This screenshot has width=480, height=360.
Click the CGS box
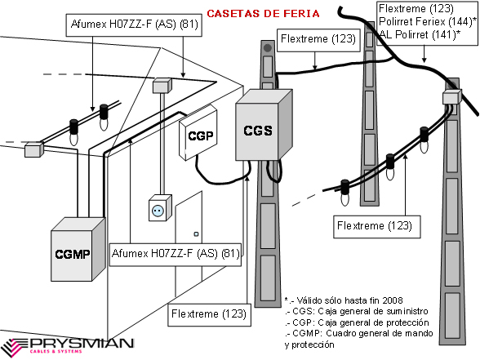[x=264, y=125]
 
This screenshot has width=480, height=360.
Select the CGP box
[x=198, y=133]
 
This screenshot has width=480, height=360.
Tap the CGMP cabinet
[x=78, y=249]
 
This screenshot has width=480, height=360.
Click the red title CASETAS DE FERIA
[x=263, y=13]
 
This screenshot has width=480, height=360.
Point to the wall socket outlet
[x=160, y=208]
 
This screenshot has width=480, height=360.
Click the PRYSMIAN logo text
[x=81, y=343]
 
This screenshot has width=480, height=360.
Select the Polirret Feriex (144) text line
[x=428, y=21]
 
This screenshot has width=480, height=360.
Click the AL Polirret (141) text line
[x=420, y=34]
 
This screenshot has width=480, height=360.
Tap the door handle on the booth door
[x=196, y=234]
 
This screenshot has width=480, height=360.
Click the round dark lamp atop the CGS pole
[x=268, y=48]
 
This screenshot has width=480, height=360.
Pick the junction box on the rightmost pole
[x=452, y=96]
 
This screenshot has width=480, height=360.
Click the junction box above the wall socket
[x=162, y=86]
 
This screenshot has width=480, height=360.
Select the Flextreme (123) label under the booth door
[x=209, y=314]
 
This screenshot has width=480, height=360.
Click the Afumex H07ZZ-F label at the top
[x=134, y=24]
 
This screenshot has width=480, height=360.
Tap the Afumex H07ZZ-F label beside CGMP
[x=175, y=254]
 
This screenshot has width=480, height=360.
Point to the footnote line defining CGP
[x=357, y=322]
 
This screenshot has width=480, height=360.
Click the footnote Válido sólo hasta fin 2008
[x=344, y=300]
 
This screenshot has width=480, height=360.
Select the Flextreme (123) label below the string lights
[x=377, y=227]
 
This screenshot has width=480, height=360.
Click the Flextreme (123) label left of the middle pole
[x=318, y=40]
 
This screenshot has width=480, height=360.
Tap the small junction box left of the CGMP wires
[x=34, y=149]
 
